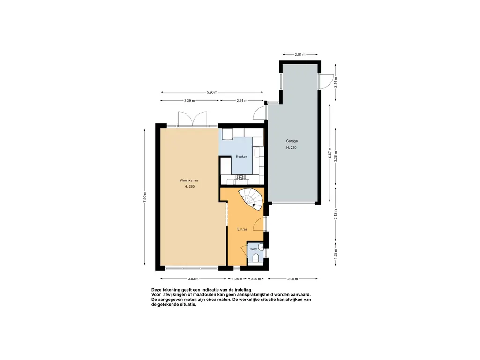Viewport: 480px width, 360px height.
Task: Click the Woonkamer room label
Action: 189,180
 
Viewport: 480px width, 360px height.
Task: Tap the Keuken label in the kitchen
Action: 241,157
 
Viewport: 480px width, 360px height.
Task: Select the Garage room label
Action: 292,141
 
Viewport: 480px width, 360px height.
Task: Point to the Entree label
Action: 242,229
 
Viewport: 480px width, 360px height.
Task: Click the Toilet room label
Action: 253,249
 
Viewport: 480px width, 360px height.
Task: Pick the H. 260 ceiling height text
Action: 189,187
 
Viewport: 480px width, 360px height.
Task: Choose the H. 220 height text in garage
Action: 292,148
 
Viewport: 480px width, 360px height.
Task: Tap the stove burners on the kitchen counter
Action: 241,177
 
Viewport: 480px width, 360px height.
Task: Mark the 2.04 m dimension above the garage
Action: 300,55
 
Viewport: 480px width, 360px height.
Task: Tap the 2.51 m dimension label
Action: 242,100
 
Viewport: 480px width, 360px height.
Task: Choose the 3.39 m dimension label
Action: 190,100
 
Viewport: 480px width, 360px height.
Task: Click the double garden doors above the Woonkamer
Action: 193,118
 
